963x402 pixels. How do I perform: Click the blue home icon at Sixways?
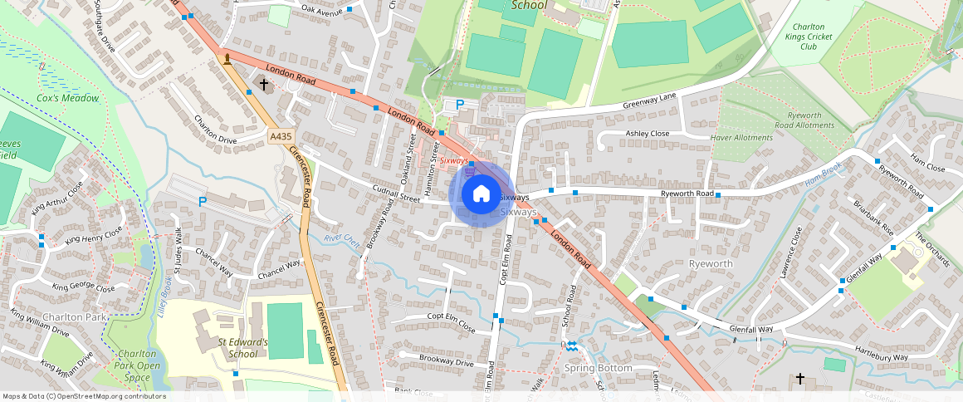481,194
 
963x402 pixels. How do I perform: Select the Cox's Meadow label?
68,98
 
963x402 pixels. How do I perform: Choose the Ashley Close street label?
648,134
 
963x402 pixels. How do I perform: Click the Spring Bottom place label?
598,367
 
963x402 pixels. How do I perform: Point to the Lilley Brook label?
164,297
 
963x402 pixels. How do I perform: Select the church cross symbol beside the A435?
265,85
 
